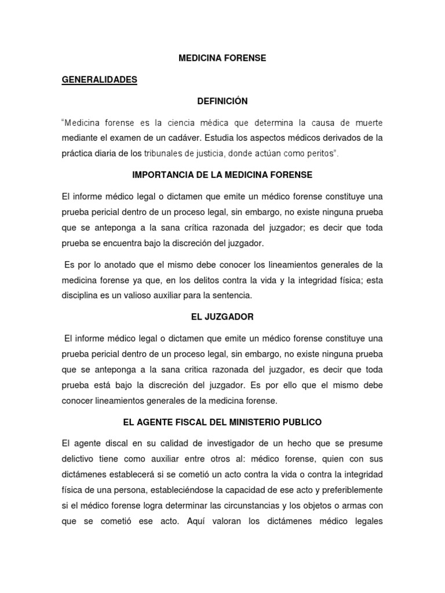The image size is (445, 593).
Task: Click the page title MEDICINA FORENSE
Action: click(x=222, y=58)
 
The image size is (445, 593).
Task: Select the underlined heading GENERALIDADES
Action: click(x=99, y=80)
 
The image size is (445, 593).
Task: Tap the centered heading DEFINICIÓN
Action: click(x=222, y=101)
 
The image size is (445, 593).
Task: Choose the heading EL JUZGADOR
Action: click(x=222, y=317)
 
